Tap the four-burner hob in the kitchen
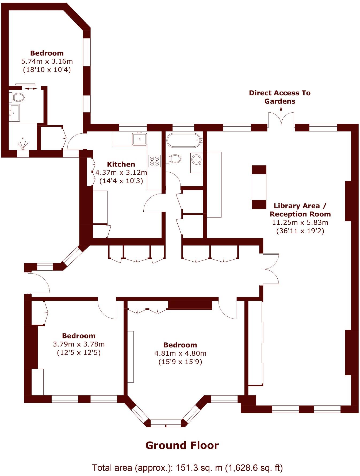click(x=155, y=161)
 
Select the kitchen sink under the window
click(x=139, y=139)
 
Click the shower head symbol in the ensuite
click(x=23, y=144)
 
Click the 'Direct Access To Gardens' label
click(x=280, y=97)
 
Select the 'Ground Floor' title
click(x=182, y=445)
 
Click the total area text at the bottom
click(x=187, y=468)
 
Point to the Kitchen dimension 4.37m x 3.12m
click(x=121, y=172)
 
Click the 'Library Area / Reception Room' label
click(x=300, y=210)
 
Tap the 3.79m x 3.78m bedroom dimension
click(x=79, y=344)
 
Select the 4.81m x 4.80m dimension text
click(x=180, y=353)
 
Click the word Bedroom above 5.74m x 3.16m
click(x=47, y=53)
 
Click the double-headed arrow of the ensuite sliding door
click(x=31, y=88)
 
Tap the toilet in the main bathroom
click(x=175, y=158)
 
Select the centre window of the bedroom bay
click(x=166, y=423)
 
